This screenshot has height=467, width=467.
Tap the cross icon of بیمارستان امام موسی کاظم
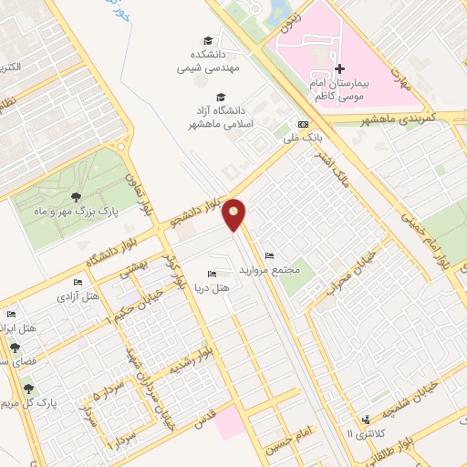click(x=339, y=68)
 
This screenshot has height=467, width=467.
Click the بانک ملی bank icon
click(x=303, y=125)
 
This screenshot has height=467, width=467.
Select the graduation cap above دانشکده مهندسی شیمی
click(x=207, y=40)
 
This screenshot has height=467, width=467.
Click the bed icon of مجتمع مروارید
click(x=267, y=255)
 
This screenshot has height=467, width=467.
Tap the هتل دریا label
click(x=213, y=287)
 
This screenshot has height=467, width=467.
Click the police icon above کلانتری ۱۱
click(x=366, y=420)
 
